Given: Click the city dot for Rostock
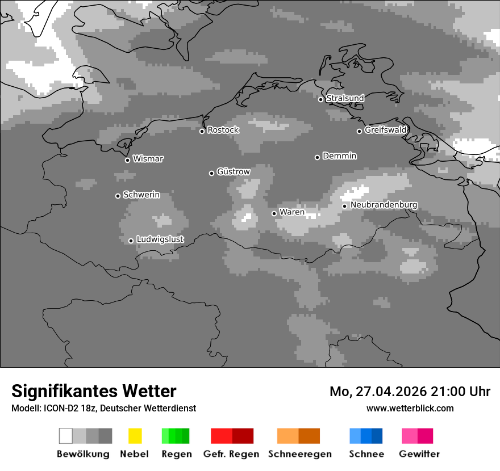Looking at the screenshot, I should [x=202, y=131].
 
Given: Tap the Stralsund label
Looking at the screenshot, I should [x=345, y=98].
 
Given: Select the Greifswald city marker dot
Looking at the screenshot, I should [x=359, y=131].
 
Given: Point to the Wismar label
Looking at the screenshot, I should [x=148, y=159].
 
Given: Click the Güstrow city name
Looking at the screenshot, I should [x=234, y=171].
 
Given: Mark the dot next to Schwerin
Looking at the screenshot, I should [x=118, y=196].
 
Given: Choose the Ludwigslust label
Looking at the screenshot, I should [x=160, y=239].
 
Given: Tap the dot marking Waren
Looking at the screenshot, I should [x=274, y=213].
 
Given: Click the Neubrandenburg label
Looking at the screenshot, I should [x=384, y=205].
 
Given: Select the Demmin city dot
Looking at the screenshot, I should [x=317, y=157].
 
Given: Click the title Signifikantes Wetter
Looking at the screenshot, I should [x=94, y=391].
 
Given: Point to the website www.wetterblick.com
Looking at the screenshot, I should [x=410, y=408].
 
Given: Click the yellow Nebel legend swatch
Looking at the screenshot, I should [x=135, y=436].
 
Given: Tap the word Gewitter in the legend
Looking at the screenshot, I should [x=419, y=454].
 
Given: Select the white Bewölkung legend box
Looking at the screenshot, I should [x=66, y=436].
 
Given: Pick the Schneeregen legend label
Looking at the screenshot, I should [x=300, y=454].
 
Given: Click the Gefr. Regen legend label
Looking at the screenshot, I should [x=231, y=454].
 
